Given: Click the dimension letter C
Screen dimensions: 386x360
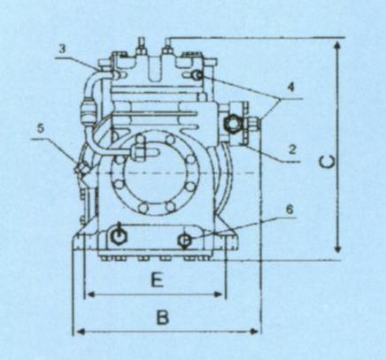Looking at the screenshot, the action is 328,162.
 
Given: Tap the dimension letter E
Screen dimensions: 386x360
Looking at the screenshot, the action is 158,280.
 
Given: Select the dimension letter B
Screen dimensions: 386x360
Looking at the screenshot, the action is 162,318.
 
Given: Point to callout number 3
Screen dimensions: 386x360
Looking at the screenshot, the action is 62,50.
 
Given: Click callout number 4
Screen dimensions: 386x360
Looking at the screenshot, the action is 291,88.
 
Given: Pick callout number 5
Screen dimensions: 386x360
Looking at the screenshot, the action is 41,128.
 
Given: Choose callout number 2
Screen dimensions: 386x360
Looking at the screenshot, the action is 292,150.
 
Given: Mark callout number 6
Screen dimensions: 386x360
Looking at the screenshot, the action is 289,210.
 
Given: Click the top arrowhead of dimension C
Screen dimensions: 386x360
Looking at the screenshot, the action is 338,45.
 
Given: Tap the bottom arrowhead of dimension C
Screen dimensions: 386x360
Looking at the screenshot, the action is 338,249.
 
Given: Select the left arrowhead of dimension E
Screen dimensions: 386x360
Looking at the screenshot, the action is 91,295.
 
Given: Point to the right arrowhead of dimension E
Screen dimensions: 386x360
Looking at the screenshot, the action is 218,295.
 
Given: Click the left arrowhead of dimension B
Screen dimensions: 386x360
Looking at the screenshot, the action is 81,332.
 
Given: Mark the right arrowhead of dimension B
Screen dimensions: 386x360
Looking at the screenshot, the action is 254,332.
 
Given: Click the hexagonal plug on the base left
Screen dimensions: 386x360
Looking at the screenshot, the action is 118,235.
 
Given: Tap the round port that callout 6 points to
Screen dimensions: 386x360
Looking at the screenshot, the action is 185,241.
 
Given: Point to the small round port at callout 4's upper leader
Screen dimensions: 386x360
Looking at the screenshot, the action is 197,76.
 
